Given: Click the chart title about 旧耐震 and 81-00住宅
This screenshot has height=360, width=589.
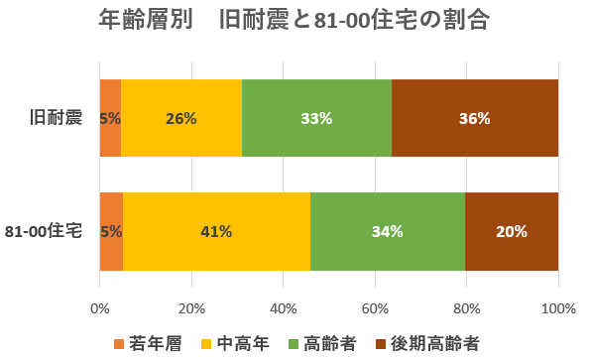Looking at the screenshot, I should (x=294, y=21).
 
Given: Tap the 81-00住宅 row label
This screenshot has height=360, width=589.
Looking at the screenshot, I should (x=51, y=231).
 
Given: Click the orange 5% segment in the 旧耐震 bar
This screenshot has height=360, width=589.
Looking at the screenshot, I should (x=110, y=118).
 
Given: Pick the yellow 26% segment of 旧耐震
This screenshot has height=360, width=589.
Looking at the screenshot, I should (x=181, y=118).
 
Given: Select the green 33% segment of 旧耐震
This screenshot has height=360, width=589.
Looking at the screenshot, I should (x=316, y=118).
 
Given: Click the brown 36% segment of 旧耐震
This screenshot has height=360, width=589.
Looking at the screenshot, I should (x=475, y=118).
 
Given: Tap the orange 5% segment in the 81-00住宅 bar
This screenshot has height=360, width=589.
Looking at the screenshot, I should (x=111, y=231).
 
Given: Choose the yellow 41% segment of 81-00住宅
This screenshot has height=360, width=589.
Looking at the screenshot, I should (x=216, y=231).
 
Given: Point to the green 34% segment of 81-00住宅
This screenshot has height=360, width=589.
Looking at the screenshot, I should (x=388, y=231).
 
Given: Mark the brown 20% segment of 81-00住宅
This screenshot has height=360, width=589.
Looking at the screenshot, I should (x=512, y=231).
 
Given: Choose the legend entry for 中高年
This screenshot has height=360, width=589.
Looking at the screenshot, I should (x=237, y=342).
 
